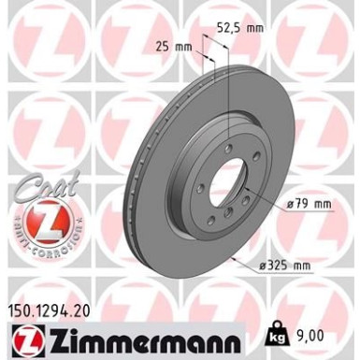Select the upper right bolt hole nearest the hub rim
[x=245, y=163]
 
